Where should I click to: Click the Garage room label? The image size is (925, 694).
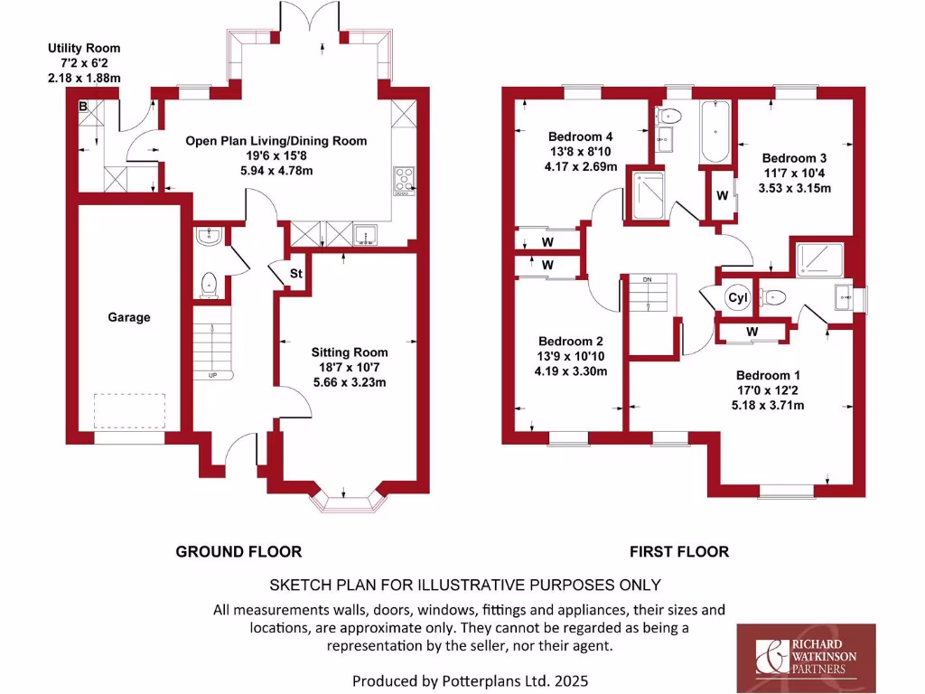tap(129, 317)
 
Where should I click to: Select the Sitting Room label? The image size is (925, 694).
tap(350, 352)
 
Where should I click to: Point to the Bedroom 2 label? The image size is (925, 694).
tap(571, 341)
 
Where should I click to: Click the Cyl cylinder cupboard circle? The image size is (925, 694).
tap(737, 298)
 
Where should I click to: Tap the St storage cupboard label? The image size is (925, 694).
tap(295, 274)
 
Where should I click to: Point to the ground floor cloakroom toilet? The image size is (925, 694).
tap(210, 284)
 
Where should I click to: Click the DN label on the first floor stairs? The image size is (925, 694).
tap(647, 280)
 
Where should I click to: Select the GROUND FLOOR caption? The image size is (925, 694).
tap(238, 551)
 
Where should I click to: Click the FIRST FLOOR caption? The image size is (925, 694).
tap(679, 551)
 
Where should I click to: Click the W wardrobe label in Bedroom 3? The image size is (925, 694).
tap(723, 196)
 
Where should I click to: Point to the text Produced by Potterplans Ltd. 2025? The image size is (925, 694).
tap(474, 680)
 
